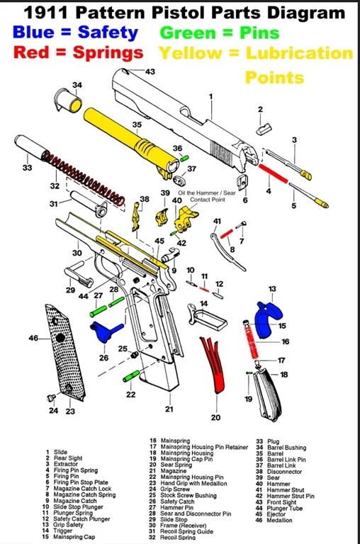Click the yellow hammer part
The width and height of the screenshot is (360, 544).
click(186, 217)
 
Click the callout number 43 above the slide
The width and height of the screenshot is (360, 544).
click(150, 72)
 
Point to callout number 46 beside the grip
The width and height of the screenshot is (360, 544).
click(33, 339)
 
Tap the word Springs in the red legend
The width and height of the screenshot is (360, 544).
click(103, 53)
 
